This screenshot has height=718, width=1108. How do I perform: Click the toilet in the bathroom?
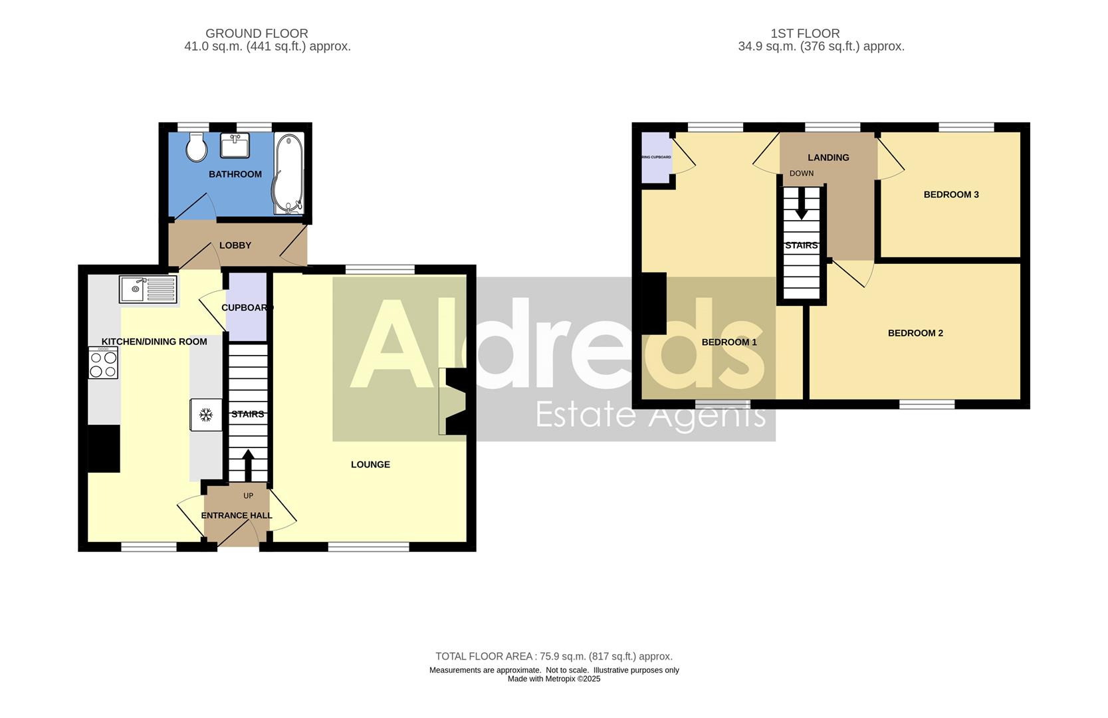tap(197, 148)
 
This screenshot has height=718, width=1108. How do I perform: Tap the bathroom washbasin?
tap(235, 145)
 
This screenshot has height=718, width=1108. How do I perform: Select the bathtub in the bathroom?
tap(288, 174)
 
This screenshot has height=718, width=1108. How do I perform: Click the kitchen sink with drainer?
tap(148, 289)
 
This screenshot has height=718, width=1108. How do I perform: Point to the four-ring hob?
tap(103, 363)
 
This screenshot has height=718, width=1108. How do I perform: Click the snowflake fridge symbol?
tap(206, 415)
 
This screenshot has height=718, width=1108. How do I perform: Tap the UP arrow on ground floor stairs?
tap(248, 465)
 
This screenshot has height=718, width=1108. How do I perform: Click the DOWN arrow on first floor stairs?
tap(802, 203)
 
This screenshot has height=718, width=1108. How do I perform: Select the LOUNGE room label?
tap(370, 465)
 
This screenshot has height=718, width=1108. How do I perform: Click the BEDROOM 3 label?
tap(951, 195)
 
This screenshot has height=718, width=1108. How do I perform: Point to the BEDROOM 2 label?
tap(915, 333)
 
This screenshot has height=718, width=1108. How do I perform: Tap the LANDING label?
tap(828, 158)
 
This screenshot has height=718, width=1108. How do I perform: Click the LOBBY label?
tap(235, 245)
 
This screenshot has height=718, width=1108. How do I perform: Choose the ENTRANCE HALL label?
tap(237, 515)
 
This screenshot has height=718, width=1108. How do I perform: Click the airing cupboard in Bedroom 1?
tap(656, 158)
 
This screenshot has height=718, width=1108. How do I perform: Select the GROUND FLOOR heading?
tap(257, 33)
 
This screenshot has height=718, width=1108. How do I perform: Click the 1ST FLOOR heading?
tap(805, 33)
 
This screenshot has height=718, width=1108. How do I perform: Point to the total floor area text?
tap(554, 656)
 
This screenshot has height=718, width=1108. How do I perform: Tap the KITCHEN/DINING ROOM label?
tap(154, 342)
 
